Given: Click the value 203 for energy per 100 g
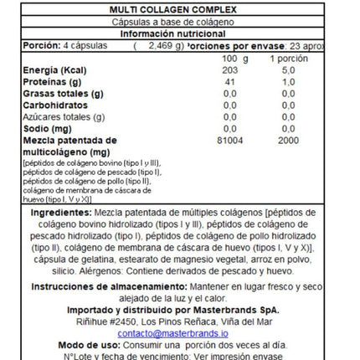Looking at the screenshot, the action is point(230,72).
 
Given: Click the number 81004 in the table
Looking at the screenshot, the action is point(230,142).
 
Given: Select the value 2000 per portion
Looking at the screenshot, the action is point(287,142).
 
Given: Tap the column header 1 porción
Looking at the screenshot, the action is point(286,59).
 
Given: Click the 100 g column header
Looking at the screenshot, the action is point(236,59).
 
